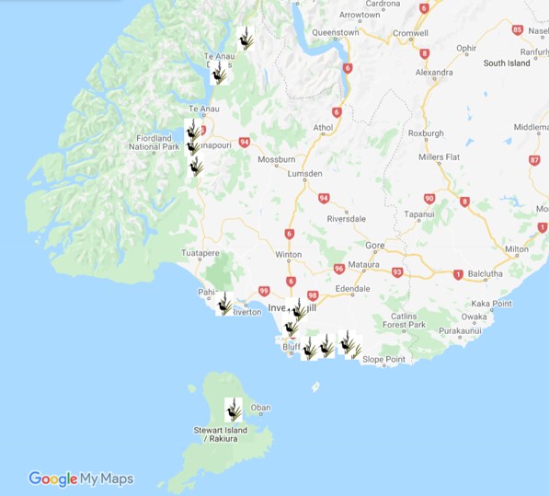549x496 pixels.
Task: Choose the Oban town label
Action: (x=261, y=408)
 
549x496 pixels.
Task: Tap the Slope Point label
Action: (x=358, y=360)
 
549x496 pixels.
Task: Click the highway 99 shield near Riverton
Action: (x=264, y=291)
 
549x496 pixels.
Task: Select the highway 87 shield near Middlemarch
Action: (x=534, y=160)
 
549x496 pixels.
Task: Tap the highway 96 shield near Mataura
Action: (x=338, y=269)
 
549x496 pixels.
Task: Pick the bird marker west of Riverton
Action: (x=225, y=303)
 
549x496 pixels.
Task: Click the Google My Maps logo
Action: (x=81, y=479)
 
